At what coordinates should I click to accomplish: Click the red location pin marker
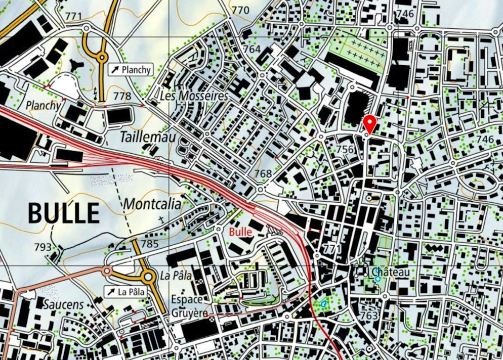(x=370, y=123)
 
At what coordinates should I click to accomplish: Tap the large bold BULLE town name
(x=63, y=213)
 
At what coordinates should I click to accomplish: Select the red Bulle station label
(x=240, y=232)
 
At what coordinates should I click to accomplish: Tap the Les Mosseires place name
(x=194, y=96)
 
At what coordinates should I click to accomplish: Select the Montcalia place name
(x=152, y=204)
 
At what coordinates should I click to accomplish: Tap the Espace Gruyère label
(x=189, y=306)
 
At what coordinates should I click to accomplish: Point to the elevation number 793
(x=43, y=247)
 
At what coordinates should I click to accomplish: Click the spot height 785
(x=150, y=244)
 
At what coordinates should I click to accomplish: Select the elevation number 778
(x=122, y=96)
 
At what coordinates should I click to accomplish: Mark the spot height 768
(x=263, y=174)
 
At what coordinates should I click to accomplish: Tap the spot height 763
(x=369, y=316)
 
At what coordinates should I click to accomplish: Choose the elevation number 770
(x=240, y=10)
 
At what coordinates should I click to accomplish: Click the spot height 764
(x=252, y=49)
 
